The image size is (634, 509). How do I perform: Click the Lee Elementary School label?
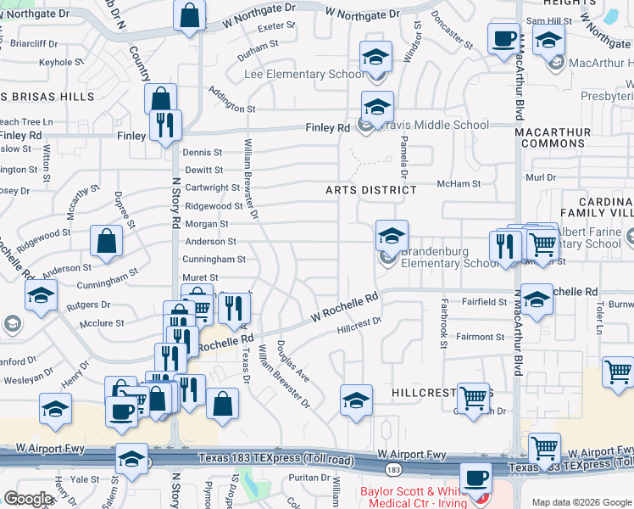(304, 74)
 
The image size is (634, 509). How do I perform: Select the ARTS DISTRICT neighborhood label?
(371, 190)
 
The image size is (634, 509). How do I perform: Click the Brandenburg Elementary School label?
(450, 257)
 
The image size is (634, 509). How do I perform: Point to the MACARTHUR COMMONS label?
(553, 136)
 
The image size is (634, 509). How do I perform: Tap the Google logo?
(29, 499)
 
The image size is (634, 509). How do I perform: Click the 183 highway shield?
(392, 468)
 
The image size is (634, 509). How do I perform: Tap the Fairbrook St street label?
(443, 322)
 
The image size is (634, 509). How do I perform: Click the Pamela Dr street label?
(404, 158)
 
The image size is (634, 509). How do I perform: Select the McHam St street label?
(458, 183)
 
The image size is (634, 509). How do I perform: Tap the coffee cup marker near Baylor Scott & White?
(475, 478)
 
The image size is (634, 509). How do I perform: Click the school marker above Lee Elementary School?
(375, 57)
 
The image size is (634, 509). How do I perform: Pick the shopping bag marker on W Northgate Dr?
(189, 14)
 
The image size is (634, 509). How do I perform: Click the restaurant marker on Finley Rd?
(164, 126)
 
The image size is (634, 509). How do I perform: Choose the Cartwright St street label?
(213, 187)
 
